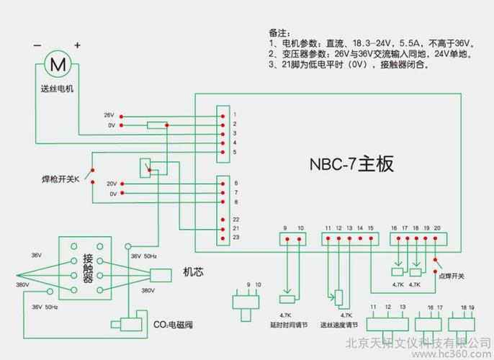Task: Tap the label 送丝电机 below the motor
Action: click(57, 89)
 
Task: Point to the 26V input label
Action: click(109, 115)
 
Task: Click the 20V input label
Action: click(111, 183)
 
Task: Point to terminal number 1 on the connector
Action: click(235, 114)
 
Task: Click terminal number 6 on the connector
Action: click(235, 184)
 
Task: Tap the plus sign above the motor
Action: click(76, 45)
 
